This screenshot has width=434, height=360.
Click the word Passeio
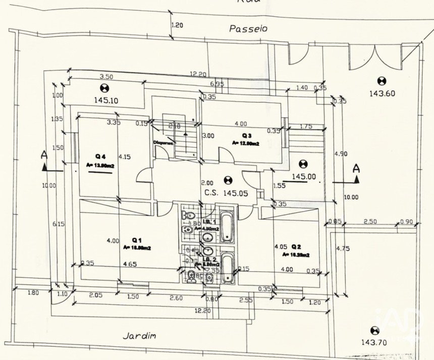point(248,29)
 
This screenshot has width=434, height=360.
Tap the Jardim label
point(140,335)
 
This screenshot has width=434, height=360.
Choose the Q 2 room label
point(296,247)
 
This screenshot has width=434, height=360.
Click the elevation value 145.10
point(106,100)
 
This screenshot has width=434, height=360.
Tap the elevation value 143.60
point(382,93)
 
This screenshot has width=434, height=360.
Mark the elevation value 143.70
point(374,342)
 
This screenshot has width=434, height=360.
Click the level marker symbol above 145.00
point(303,164)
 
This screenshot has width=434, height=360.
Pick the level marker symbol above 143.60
point(382,80)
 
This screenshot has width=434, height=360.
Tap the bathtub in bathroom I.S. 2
point(227,267)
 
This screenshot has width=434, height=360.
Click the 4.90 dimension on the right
point(342,153)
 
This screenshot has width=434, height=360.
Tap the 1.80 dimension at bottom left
point(33,293)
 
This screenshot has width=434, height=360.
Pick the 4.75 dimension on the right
point(343,248)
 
